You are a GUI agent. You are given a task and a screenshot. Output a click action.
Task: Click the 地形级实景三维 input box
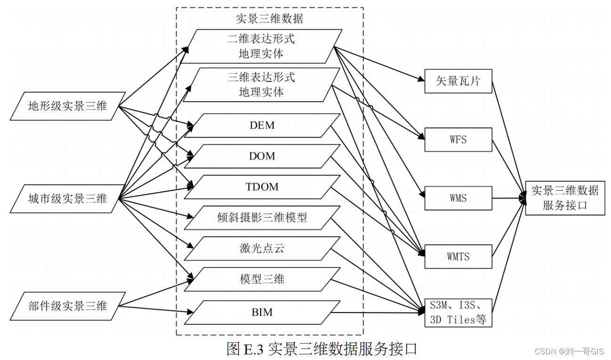tap(67, 106)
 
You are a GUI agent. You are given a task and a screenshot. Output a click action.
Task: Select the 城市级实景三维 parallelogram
tap(67, 199)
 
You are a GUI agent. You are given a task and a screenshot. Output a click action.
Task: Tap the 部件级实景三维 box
tap(67, 306)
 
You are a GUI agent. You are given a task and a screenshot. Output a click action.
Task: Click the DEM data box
tap(262, 126)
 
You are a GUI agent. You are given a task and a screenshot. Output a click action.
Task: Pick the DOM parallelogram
tap(262, 156)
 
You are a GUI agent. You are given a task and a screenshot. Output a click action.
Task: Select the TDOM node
tap(262, 187)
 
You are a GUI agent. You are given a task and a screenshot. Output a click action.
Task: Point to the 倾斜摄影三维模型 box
tap(262, 217)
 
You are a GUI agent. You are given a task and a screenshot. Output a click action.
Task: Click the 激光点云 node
tap(262, 248)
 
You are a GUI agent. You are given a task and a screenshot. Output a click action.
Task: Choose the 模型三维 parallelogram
tap(262, 279)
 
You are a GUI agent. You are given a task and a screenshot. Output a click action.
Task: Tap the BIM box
tap(262, 312)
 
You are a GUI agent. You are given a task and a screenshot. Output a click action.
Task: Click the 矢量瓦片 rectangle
tap(458, 81)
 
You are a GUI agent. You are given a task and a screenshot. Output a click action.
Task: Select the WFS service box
tap(458, 140)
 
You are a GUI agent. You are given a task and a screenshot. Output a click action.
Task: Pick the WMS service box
tap(458, 198)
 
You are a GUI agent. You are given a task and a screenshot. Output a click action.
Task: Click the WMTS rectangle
tap(458, 257)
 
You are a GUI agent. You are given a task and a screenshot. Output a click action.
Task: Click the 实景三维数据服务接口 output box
tap(565, 198)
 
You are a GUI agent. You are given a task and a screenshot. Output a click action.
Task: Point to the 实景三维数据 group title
tap(269, 19)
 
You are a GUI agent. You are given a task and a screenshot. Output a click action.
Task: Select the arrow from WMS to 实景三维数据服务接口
tap(508, 198)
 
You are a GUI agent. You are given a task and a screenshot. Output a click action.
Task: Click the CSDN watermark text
tap(569, 352)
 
